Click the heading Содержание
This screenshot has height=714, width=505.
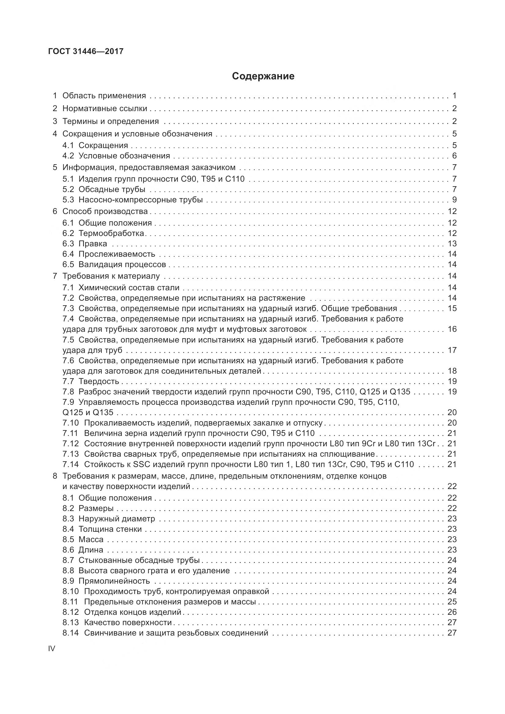point(263,76)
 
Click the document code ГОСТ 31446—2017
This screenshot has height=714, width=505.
point(86,51)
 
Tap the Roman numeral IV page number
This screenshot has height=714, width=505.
point(52,648)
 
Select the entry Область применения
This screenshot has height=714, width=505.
point(104,96)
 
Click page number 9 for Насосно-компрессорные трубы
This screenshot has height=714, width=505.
point(454,200)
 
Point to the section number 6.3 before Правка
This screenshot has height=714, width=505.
point(68,244)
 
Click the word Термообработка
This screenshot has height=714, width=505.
point(111,233)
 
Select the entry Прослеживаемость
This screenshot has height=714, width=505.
point(117,254)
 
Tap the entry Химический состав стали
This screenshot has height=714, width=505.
point(129,288)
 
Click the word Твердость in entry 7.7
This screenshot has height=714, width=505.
point(99,381)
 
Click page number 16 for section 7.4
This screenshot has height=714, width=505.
point(452,329)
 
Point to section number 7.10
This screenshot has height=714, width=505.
point(70,423)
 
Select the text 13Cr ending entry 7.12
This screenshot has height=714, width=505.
point(426,444)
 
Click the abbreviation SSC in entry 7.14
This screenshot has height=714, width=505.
point(141,464)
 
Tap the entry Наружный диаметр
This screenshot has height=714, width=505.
point(117,519)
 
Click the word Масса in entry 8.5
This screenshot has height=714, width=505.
point(91,539)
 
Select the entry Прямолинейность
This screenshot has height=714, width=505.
point(114,581)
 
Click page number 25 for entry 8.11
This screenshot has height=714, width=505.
point(452,602)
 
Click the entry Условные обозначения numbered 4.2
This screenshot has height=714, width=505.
point(124,156)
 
